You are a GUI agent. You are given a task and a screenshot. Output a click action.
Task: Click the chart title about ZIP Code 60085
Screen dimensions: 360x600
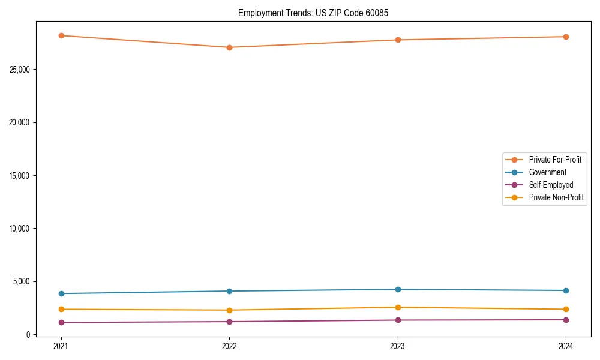point(313,13)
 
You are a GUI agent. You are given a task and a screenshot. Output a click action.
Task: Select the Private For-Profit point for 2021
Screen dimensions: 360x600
point(61,35)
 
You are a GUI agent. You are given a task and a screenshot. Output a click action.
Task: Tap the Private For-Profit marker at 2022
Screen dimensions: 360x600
point(229,47)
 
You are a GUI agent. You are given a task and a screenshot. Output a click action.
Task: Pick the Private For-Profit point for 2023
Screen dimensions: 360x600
point(398,40)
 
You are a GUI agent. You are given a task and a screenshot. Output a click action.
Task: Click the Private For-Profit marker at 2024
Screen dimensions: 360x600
point(566,37)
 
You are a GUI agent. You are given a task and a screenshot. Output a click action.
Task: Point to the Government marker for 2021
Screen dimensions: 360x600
point(61,293)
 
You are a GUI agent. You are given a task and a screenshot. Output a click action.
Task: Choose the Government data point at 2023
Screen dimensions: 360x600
point(398,289)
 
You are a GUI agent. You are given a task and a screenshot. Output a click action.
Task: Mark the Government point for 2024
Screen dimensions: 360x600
point(566,290)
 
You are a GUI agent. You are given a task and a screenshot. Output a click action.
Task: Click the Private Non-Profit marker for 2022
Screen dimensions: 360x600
point(229,310)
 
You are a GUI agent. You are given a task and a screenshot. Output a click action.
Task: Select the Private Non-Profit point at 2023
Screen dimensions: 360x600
point(398,307)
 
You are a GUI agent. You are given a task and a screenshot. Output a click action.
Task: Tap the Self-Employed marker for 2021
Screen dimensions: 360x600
point(61,322)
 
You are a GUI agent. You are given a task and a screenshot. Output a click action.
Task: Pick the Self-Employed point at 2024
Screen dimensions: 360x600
point(566,320)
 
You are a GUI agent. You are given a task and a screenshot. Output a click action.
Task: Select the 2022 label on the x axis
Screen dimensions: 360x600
point(229,346)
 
